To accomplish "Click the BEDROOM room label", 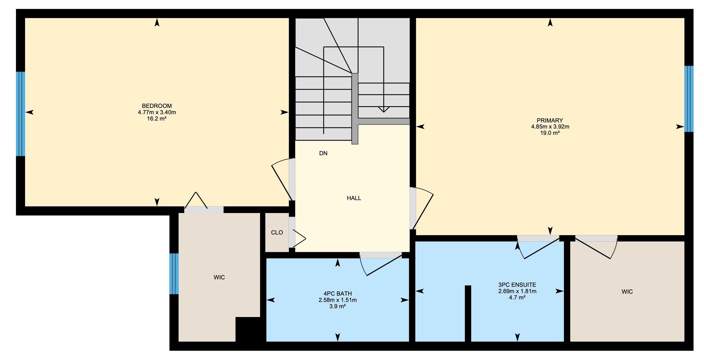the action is (157, 106).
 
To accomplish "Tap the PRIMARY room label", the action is (550, 121).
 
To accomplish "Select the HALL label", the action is (354, 198).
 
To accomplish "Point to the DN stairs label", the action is (323, 153).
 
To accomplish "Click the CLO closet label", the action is (277, 233).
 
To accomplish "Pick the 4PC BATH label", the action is (338, 294).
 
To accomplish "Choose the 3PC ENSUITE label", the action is (517, 285).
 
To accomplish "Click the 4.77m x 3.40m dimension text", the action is (157, 112).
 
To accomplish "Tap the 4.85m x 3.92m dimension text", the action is (550, 127).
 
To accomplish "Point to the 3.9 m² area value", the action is (338, 306).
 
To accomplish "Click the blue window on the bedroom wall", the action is (21, 114).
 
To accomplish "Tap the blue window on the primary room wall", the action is (689, 99).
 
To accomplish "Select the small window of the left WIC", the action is (174, 274).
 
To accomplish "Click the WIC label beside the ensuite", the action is (627, 292).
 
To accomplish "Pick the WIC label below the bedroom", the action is (219, 277).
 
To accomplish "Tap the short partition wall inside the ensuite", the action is (468, 313).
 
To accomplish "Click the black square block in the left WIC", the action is (248, 329).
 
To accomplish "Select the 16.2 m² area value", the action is (157, 119).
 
